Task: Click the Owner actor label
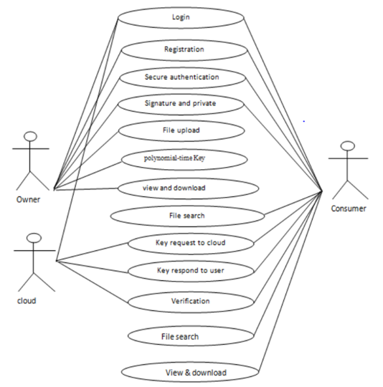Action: pos(28,199)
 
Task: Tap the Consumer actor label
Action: pos(349,209)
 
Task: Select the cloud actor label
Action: pos(27,300)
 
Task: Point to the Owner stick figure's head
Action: pos(30,136)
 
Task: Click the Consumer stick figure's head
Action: pos(347,146)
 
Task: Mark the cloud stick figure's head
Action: pos(34,238)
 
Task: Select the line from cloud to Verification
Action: pos(92,282)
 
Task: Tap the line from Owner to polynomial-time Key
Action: pos(88,176)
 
